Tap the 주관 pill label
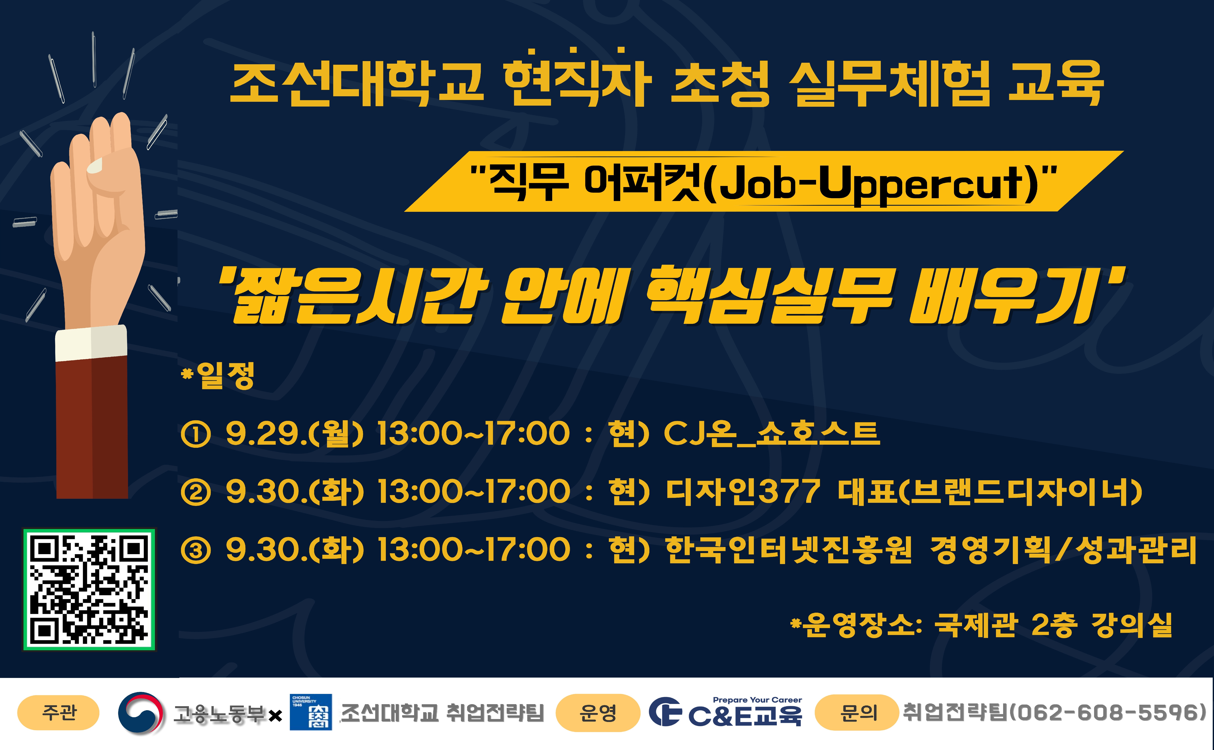[58, 713]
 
